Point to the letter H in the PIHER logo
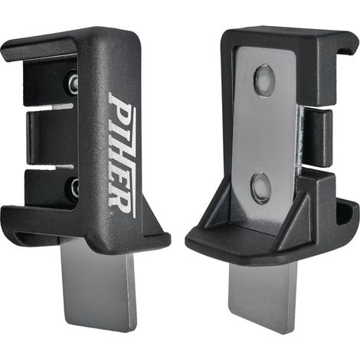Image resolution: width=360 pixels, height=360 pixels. point(122,154)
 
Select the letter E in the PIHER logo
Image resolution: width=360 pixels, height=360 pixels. point(122,182)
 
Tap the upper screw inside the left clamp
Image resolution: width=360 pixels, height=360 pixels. point(73,82)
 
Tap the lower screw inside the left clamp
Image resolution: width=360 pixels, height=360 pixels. point(74,187)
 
